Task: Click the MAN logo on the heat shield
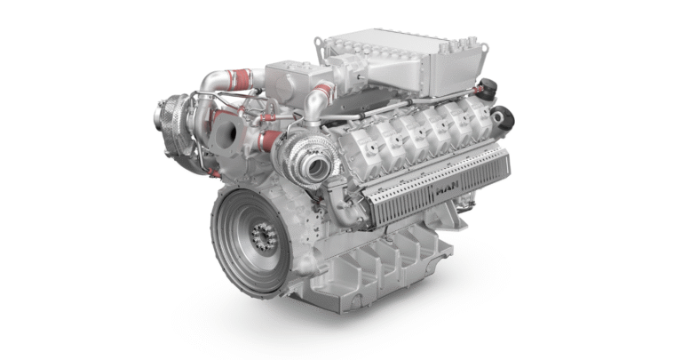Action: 447,190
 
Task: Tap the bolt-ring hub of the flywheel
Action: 264,236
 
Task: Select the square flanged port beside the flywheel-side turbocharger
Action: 226,132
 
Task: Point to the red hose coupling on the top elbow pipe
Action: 239,80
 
